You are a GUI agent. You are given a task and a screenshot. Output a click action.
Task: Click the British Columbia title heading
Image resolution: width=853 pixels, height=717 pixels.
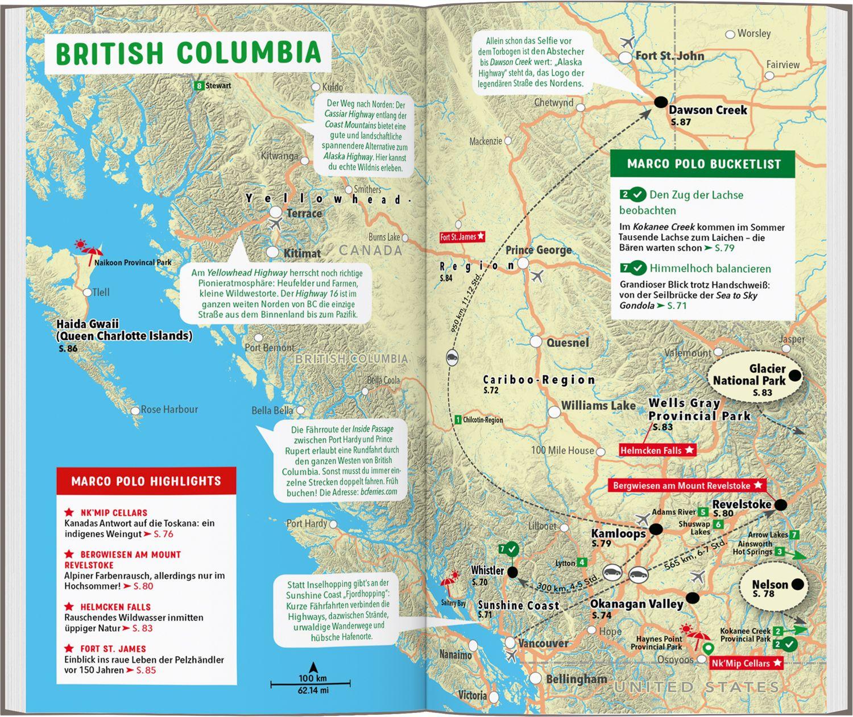pyautogui.click(x=188, y=53)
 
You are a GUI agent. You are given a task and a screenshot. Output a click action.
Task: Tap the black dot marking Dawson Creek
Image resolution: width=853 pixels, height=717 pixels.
pyautogui.click(x=660, y=102)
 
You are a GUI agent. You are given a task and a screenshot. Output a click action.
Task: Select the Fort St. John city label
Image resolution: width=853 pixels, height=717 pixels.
pyautogui.click(x=669, y=56)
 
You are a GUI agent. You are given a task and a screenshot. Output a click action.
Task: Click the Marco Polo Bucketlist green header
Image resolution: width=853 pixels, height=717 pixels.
pyautogui.click(x=703, y=164)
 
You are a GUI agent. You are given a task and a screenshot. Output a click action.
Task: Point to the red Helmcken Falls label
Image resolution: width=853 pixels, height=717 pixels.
pyautogui.click(x=657, y=450)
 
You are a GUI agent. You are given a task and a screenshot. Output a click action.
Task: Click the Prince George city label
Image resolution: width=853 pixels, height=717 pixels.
pyautogui.click(x=538, y=250)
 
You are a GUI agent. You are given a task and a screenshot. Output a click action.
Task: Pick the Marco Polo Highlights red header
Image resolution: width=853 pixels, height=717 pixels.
pyautogui.click(x=146, y=481)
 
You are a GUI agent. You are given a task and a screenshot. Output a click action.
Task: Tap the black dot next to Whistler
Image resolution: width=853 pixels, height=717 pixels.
pyautogui.click(x=512, y=572)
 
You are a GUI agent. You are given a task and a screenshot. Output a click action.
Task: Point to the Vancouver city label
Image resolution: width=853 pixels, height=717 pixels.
pyautogui.click(x=543, y=643)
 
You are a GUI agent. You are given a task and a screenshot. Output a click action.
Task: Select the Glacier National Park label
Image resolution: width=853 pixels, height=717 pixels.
pyautogui.click(x=750, y=376)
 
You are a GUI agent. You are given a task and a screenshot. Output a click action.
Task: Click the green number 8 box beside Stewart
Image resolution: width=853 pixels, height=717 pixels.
pyautogui.click(x=198, y=86)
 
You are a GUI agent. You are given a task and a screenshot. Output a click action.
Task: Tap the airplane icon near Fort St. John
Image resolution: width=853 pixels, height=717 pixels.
pyautogui.click(x=628, y=41)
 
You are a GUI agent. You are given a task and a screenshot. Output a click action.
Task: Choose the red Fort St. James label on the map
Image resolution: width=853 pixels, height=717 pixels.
pyautogui.click(x=462, y=237)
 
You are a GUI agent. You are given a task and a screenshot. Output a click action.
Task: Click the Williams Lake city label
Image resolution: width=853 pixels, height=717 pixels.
pyautogui.click(x=598, y=406)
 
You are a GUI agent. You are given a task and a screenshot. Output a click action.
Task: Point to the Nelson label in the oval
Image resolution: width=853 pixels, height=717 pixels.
pyautogui.click(x=770, y=585)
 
